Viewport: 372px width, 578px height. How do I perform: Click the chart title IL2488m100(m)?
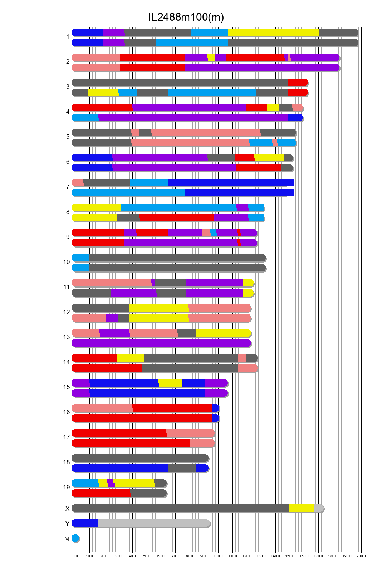pos(186,17)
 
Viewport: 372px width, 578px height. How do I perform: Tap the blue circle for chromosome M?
pos(75,538)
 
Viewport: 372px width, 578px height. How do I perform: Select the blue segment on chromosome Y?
pos(85,523)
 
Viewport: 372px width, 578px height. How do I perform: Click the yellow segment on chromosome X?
pos(301,508)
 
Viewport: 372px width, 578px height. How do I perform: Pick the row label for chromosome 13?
pos(67,337)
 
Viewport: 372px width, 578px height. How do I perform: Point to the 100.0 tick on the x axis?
pos(218,556)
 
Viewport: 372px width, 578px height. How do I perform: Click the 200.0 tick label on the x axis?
pos(361,556)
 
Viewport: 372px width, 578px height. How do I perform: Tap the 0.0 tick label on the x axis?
pos(75,556)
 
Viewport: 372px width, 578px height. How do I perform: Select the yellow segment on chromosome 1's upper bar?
pos(273,33)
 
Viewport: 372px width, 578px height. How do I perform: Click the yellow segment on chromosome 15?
pos(170,383)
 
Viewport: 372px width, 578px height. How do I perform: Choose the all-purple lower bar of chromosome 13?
pos(161,343)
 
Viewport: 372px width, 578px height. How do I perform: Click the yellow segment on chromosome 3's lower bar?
pos(103,93)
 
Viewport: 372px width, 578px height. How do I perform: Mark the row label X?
pos(67,509)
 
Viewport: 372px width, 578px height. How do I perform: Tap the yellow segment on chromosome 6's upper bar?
pos(269,158)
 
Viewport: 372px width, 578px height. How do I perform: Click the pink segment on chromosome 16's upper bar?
pos(102,408)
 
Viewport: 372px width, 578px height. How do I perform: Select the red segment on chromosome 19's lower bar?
pos(101,493)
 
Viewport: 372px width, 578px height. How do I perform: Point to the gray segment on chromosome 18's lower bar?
pos(182,468)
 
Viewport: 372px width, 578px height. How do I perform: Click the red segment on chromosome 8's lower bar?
pos(176,218)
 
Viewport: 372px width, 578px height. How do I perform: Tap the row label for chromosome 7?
pos(68,187)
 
